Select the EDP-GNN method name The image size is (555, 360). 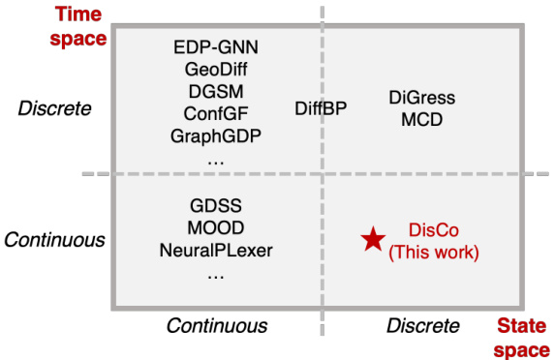[215, 47]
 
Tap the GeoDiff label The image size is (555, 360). [215, 70]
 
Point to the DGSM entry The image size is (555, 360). [215, 91]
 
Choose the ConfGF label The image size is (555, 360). [215, 113]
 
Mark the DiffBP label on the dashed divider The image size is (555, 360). [321, 109]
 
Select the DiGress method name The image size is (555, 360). [421, 99]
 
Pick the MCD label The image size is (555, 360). [421, 120]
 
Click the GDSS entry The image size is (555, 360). [216, 208]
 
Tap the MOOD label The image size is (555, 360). [216, 230]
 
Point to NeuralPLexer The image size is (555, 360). [216, 252]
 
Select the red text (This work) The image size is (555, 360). [433, 254]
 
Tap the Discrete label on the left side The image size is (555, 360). [54, 107]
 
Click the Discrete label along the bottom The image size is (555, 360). [423, 325]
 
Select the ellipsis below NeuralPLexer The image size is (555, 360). [216, 275]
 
